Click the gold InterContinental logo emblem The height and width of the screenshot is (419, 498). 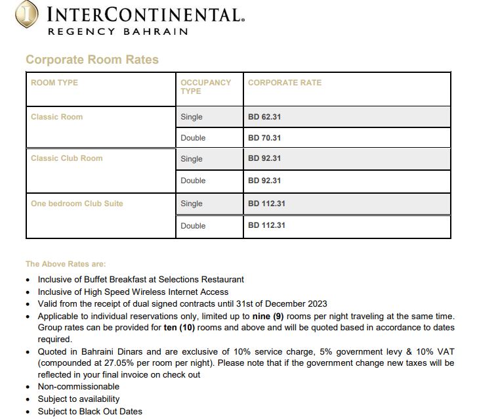27,14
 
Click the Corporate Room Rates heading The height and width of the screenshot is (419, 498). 92,60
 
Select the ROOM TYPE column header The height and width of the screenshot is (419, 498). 54,83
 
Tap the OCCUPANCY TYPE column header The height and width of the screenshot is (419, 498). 205,87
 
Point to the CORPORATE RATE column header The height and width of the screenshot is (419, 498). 285,83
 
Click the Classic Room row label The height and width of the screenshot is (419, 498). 56,117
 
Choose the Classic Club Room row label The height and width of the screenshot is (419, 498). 66,158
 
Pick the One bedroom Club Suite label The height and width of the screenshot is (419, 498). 77,204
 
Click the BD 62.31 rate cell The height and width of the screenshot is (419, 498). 264,117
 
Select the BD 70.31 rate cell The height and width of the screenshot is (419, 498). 264,138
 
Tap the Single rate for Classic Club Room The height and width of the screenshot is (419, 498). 264,158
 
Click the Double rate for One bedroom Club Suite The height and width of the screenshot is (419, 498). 266,225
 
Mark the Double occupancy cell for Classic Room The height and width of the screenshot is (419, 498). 193,138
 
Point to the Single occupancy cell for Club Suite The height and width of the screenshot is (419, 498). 192,204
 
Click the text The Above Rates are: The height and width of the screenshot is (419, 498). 66,264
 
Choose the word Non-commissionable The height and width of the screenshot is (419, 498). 79,387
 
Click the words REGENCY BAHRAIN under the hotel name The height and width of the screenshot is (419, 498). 118,32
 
